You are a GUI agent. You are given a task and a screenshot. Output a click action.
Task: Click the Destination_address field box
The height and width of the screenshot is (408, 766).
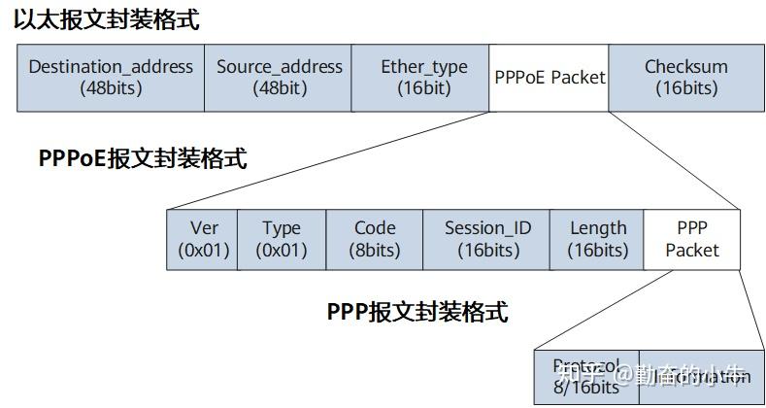click(x=111, y=78)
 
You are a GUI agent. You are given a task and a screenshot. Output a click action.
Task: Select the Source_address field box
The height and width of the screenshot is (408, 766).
click(x=279, y=78)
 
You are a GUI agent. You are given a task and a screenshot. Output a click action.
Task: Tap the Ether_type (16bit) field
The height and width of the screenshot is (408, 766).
click(x=423, y=78)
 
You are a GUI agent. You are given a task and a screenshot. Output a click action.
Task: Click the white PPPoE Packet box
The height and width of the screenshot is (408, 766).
click(x=549, y=78)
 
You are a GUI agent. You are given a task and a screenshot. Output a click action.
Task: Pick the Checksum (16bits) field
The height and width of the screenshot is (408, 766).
click(x=685, y=78)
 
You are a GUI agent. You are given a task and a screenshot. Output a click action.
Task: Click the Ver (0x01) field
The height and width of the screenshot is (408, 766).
click(x=203, y=239)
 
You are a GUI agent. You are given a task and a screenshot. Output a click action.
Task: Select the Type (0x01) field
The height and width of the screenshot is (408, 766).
click(x=282, y=239)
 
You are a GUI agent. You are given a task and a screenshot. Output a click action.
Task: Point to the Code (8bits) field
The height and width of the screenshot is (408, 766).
click(x=375, y=239)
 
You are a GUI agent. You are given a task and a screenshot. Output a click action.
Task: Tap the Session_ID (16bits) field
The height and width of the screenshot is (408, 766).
click(x=487, y=239)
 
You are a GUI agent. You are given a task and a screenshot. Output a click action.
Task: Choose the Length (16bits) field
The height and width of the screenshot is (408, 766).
click(x=597, y=239)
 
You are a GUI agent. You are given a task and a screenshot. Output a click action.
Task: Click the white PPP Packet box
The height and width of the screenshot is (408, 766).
click(x=692, y=239)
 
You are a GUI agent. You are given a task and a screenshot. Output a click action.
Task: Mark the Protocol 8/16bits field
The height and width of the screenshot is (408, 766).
click(x=586, y=377)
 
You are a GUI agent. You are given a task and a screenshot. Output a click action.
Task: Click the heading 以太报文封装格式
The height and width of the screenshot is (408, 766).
click(x=107, y=20)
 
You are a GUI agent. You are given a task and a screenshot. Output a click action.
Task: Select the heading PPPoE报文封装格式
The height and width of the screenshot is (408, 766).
click(x=143, y=158)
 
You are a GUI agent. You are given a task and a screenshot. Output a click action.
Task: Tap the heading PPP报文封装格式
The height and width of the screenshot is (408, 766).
click(x=417, y=312)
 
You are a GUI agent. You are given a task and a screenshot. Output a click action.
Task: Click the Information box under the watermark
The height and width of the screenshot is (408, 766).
click(x=701, y=377)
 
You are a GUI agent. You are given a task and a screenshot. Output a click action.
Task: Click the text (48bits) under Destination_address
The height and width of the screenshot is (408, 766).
click(x=111, y=88)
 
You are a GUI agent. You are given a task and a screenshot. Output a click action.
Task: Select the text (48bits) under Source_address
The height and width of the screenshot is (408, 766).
click(x=279, y=88)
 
